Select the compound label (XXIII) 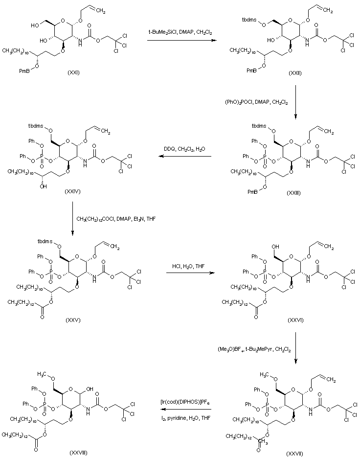[294, 194]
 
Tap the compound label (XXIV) [72, 191]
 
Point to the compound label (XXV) [72, 320]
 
